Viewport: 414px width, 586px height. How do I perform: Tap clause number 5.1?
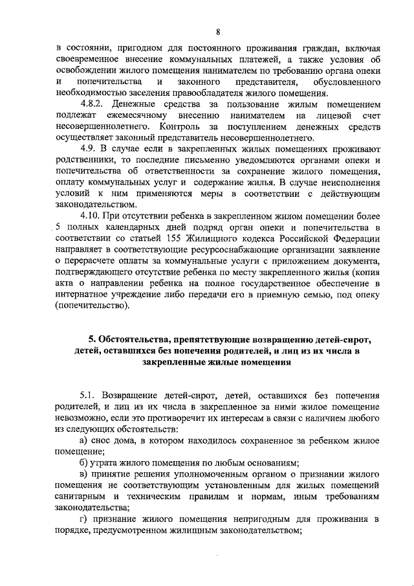click(x=89, y=394)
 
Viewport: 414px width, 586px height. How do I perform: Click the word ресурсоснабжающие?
click(x=232, y=249)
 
